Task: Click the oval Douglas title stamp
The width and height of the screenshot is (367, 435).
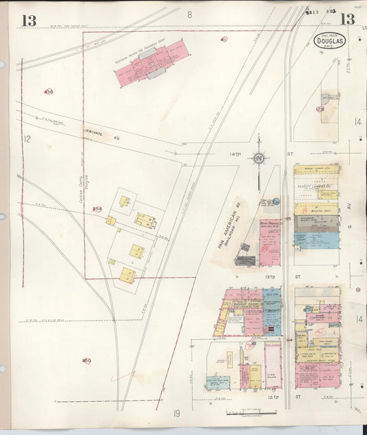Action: [329, 40]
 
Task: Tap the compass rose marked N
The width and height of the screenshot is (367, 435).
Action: [259, 159]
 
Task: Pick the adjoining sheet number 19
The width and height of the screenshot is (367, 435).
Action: [177, 414]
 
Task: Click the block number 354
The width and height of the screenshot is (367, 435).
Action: [97, 209]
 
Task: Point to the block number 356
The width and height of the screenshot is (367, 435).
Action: [48, 92]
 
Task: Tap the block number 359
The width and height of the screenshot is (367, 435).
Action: [87, 360]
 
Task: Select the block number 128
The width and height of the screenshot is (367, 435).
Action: [320, 109]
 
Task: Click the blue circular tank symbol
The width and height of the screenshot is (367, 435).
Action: [275, 201]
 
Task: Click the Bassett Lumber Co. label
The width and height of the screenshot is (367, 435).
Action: [317, 183]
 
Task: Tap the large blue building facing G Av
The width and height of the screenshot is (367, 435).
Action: [317, 239]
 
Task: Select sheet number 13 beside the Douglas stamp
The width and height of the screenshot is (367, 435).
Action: [348, 19]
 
